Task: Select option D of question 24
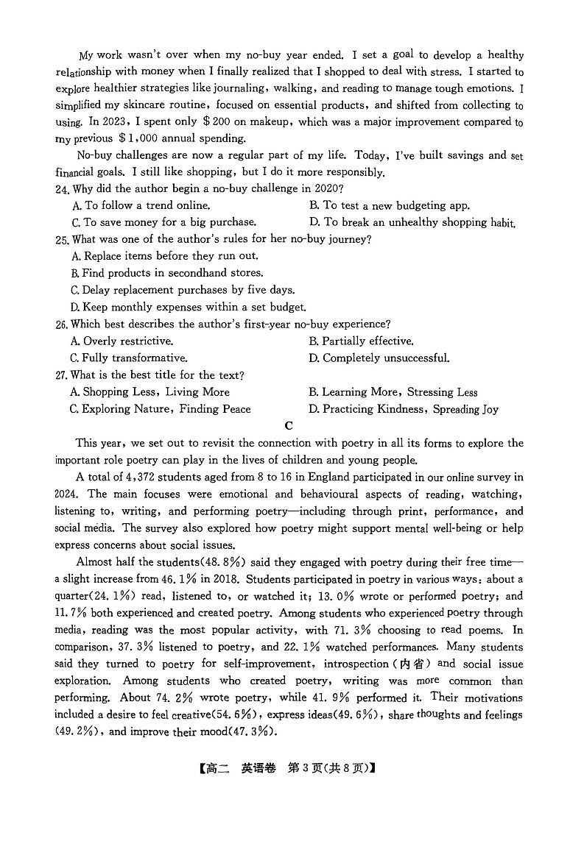412,222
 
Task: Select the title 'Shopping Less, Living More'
149,392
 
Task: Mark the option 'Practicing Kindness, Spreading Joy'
404,409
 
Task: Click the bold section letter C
289,426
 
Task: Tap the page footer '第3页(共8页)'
328,769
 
